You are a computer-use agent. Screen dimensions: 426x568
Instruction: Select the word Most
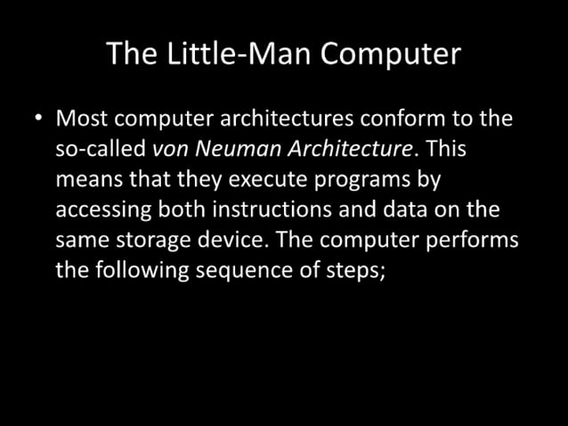[x=84, y=118]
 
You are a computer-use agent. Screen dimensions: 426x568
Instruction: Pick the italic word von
[x=168, y=149]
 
